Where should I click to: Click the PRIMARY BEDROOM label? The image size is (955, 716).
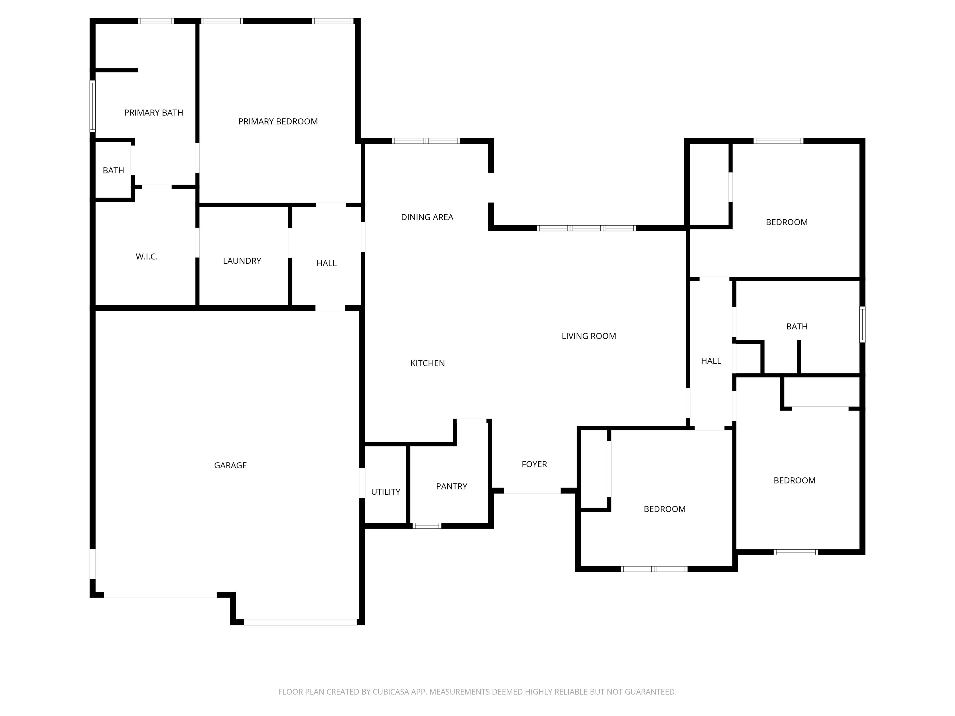coord(278,122)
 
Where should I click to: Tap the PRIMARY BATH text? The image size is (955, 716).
coord(154,112)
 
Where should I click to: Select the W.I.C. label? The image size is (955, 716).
coord(147,257)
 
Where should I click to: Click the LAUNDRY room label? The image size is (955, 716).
coord(242,261)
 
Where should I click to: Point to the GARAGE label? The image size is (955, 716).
coord(231,465)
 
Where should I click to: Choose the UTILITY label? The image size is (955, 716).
coord(385,492)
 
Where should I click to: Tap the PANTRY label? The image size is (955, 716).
coord(452,486)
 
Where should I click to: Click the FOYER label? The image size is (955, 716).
coord(534,464)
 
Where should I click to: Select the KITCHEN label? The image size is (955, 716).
coord(427,363)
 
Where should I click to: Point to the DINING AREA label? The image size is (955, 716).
coord(427,217)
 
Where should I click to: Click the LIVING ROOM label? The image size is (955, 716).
coord(589,336)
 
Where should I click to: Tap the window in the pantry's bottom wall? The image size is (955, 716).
coord(427,526)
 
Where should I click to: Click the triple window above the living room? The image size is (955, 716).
coord(586,228)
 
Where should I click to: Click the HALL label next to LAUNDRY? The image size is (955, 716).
coord(326,263)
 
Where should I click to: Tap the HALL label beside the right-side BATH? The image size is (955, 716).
coord(711,361)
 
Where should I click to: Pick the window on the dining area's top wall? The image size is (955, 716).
coord(426,141)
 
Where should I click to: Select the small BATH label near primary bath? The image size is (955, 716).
coord(113,171)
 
